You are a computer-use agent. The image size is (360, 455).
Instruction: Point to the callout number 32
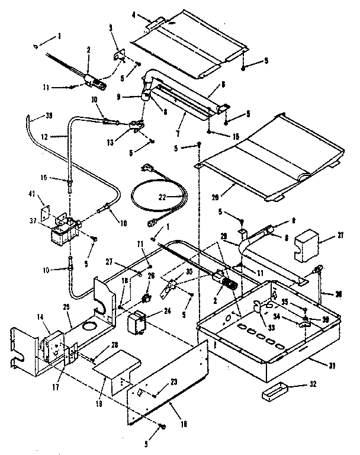pyautogui.click(x=313, y=384)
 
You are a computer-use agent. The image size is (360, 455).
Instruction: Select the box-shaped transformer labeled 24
pyautogui.click(x=138, y=323)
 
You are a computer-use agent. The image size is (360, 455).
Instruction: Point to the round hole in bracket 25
pyautogui.click(x=91, y=326)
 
